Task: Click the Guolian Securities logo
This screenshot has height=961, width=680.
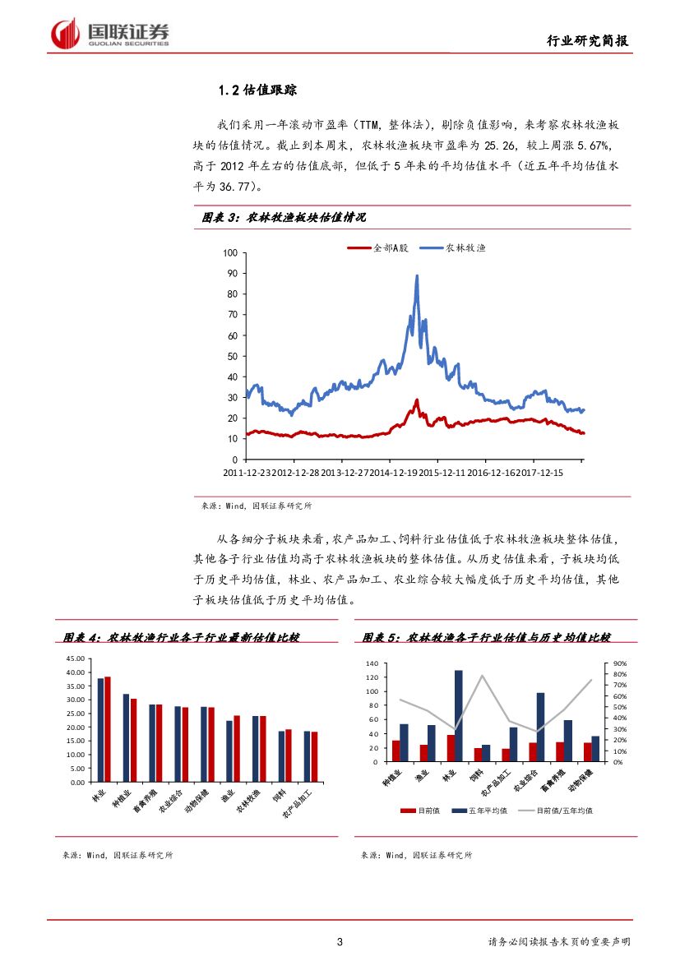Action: [x=110, y=34]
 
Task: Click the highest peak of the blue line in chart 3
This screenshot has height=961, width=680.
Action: [x=417, y=276]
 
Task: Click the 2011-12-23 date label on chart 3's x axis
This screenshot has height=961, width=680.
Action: [x=247, y=474]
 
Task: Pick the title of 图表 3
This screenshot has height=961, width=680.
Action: [x=284, y=217]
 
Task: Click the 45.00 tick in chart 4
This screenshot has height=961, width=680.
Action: [x=76, y=658]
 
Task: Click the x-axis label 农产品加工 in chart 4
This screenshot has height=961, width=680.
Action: [x=298, y=804]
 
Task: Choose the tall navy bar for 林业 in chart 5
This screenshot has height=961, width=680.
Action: [x=458, y=715]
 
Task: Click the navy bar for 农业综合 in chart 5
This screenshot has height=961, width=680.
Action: [x=540, y=727]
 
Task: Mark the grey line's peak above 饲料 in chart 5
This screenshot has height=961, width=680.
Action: [x=482, y=676]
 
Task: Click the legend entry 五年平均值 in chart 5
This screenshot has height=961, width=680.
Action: [x=488, y=811]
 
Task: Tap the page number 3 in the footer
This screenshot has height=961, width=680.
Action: [x=340, y=942]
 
